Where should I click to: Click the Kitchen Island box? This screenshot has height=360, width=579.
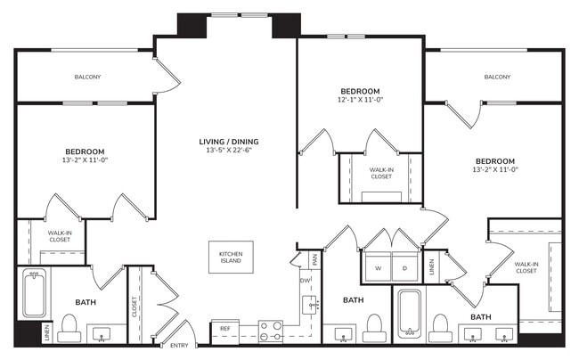(x=232, y=258)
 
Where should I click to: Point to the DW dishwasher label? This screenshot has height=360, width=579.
(x=305, y=280)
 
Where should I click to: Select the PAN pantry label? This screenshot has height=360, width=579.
(x=314, y=259)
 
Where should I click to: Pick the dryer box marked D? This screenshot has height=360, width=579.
(x=405, y=267)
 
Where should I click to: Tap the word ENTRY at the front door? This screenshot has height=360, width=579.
(x=179, y=346)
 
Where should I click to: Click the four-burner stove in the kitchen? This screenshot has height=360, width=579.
(x=271, y=331)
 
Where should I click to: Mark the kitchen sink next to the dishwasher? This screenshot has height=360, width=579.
(x=311, y=305)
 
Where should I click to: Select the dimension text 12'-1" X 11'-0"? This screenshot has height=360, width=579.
(x=360, y=101)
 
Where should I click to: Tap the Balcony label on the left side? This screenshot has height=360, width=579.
(x=86, y=77)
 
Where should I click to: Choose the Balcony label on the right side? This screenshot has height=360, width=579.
(x=497, y=77)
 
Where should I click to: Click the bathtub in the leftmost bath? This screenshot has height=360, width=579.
(x=34, y=293)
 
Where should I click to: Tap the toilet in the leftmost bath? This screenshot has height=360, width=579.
(x=69, y=326)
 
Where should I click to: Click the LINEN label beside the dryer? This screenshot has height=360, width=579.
(x=431, y=267)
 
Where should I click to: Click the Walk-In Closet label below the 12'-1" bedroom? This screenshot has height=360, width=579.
(x=381, y=172)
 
